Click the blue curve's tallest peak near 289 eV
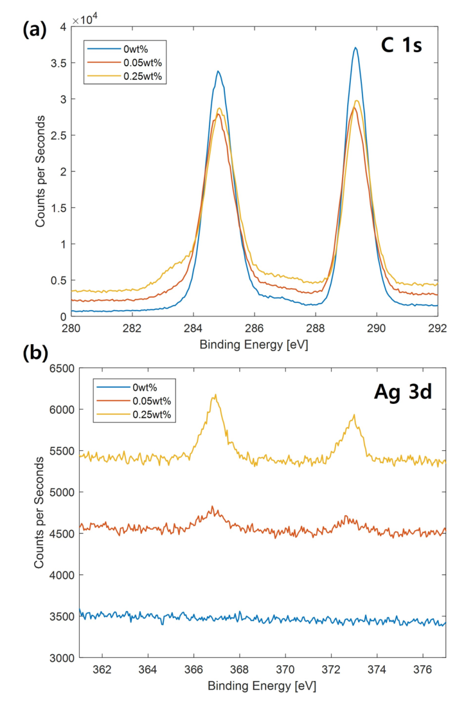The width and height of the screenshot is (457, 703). click(355, 47)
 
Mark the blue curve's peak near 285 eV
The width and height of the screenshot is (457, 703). click(219, 71)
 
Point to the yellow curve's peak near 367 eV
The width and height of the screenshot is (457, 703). click(216, 395)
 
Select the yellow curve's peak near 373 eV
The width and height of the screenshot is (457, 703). click(354, 415)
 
